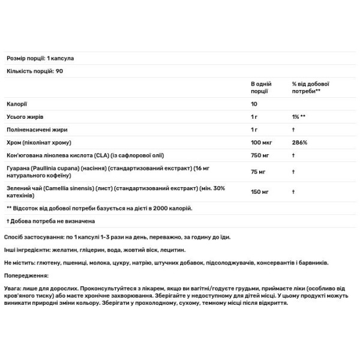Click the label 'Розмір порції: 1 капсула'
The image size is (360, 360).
(x=40, y=58)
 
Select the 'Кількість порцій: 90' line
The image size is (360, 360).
(x=35, y=71)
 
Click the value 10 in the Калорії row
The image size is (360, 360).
(x=254, y=103)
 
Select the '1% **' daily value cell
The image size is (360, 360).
(x=299, y=116)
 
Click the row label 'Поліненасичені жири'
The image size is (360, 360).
(x=35, y=130)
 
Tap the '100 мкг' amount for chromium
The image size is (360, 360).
(x=262, y=143)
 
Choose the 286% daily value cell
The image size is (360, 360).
(x=300, y=143)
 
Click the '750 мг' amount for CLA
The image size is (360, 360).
(x=260, y=155)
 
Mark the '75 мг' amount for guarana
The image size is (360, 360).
(x=259, y=172)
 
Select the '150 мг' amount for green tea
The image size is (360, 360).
(x=260, y=192)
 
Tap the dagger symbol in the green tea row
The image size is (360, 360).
(x=293, y=192)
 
